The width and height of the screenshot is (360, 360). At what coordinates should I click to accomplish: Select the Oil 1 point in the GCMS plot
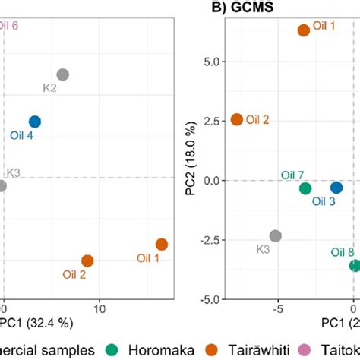point(304,30)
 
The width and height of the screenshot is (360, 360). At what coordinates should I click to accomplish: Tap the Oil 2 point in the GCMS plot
point(237,119)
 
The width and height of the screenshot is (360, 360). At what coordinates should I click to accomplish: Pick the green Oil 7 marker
point(305,188)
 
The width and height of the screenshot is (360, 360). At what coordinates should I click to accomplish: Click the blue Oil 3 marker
point(336,187)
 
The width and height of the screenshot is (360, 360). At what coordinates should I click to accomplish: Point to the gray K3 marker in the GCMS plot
point(276,236)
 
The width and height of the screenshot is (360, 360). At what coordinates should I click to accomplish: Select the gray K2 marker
point(63,74)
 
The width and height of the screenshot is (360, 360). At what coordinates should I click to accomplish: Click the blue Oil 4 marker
point(34,122)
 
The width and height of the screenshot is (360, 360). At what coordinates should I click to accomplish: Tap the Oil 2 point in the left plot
point(87,261)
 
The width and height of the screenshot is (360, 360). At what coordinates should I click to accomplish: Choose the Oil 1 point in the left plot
point(162,244)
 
